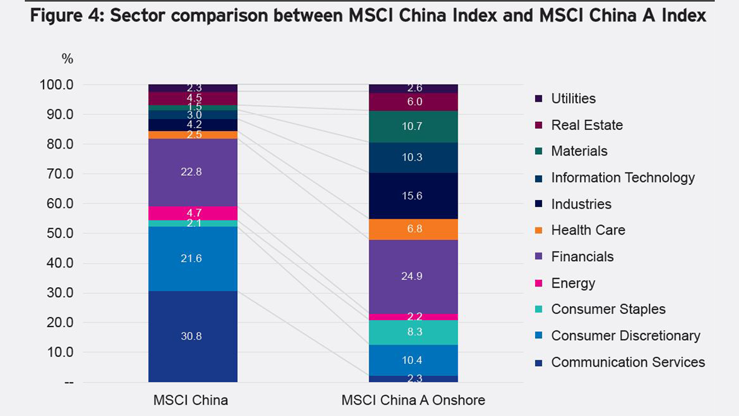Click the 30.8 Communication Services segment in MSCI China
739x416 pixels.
[192, 336]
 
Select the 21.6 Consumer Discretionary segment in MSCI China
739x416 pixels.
[192, 259]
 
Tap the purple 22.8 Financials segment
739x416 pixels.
[192, 172]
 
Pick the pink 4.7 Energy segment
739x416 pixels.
[192, 213]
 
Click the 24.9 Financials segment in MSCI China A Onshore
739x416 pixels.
[413, 276]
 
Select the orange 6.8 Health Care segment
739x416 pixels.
[413, 229]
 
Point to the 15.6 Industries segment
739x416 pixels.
[413, 196]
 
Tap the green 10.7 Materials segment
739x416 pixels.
[413, 127]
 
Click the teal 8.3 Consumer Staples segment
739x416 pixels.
[413, 332]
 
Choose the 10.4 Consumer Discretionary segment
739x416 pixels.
[413, 360]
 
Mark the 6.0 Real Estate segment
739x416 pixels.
[413, 102]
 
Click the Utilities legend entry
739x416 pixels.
[573, 99]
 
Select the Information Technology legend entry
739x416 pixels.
[622, 178]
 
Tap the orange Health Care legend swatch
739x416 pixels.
[539, 231]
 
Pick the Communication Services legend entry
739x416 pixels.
[628, 362]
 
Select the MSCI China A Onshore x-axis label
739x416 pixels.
[413, 400]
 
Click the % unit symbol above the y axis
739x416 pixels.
[68, 59]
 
